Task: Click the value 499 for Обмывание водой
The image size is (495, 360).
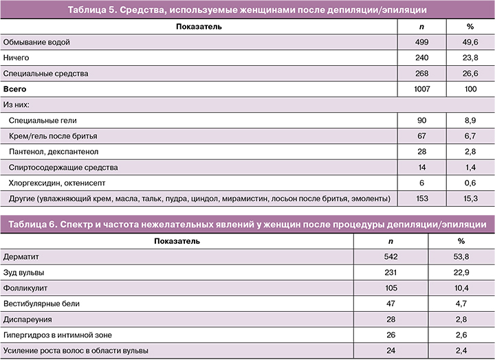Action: tap(422, 43)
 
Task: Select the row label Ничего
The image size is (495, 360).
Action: tap(16, 58)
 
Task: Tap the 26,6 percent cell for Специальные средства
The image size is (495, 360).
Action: tap(470, 73)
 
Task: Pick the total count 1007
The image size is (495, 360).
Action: tap(422, 89)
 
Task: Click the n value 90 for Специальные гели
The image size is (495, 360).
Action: tap(422, 120)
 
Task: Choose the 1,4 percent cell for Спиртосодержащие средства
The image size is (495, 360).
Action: tap(470, 167)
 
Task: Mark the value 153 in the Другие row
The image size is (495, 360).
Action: tap(422, 199)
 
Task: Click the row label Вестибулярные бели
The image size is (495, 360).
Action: tap(43, 304)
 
